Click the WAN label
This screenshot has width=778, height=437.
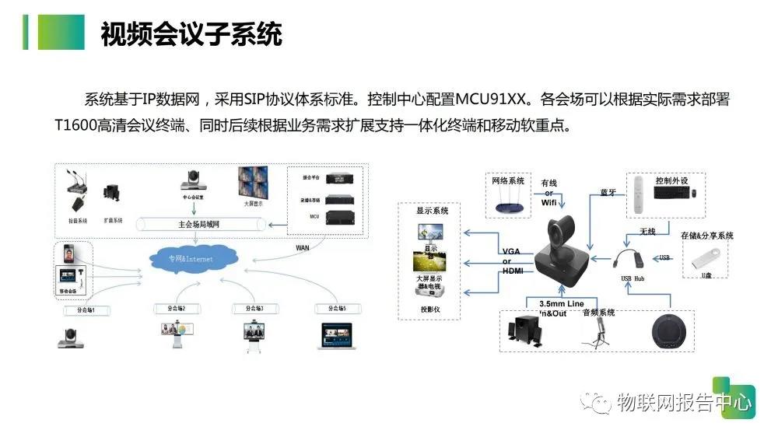(x=303, y=247)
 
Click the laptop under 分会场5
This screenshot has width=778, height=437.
(x=338, y=334)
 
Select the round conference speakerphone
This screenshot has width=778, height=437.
(x=671, y=333)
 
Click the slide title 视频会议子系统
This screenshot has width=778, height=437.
(x=191, y=35)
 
